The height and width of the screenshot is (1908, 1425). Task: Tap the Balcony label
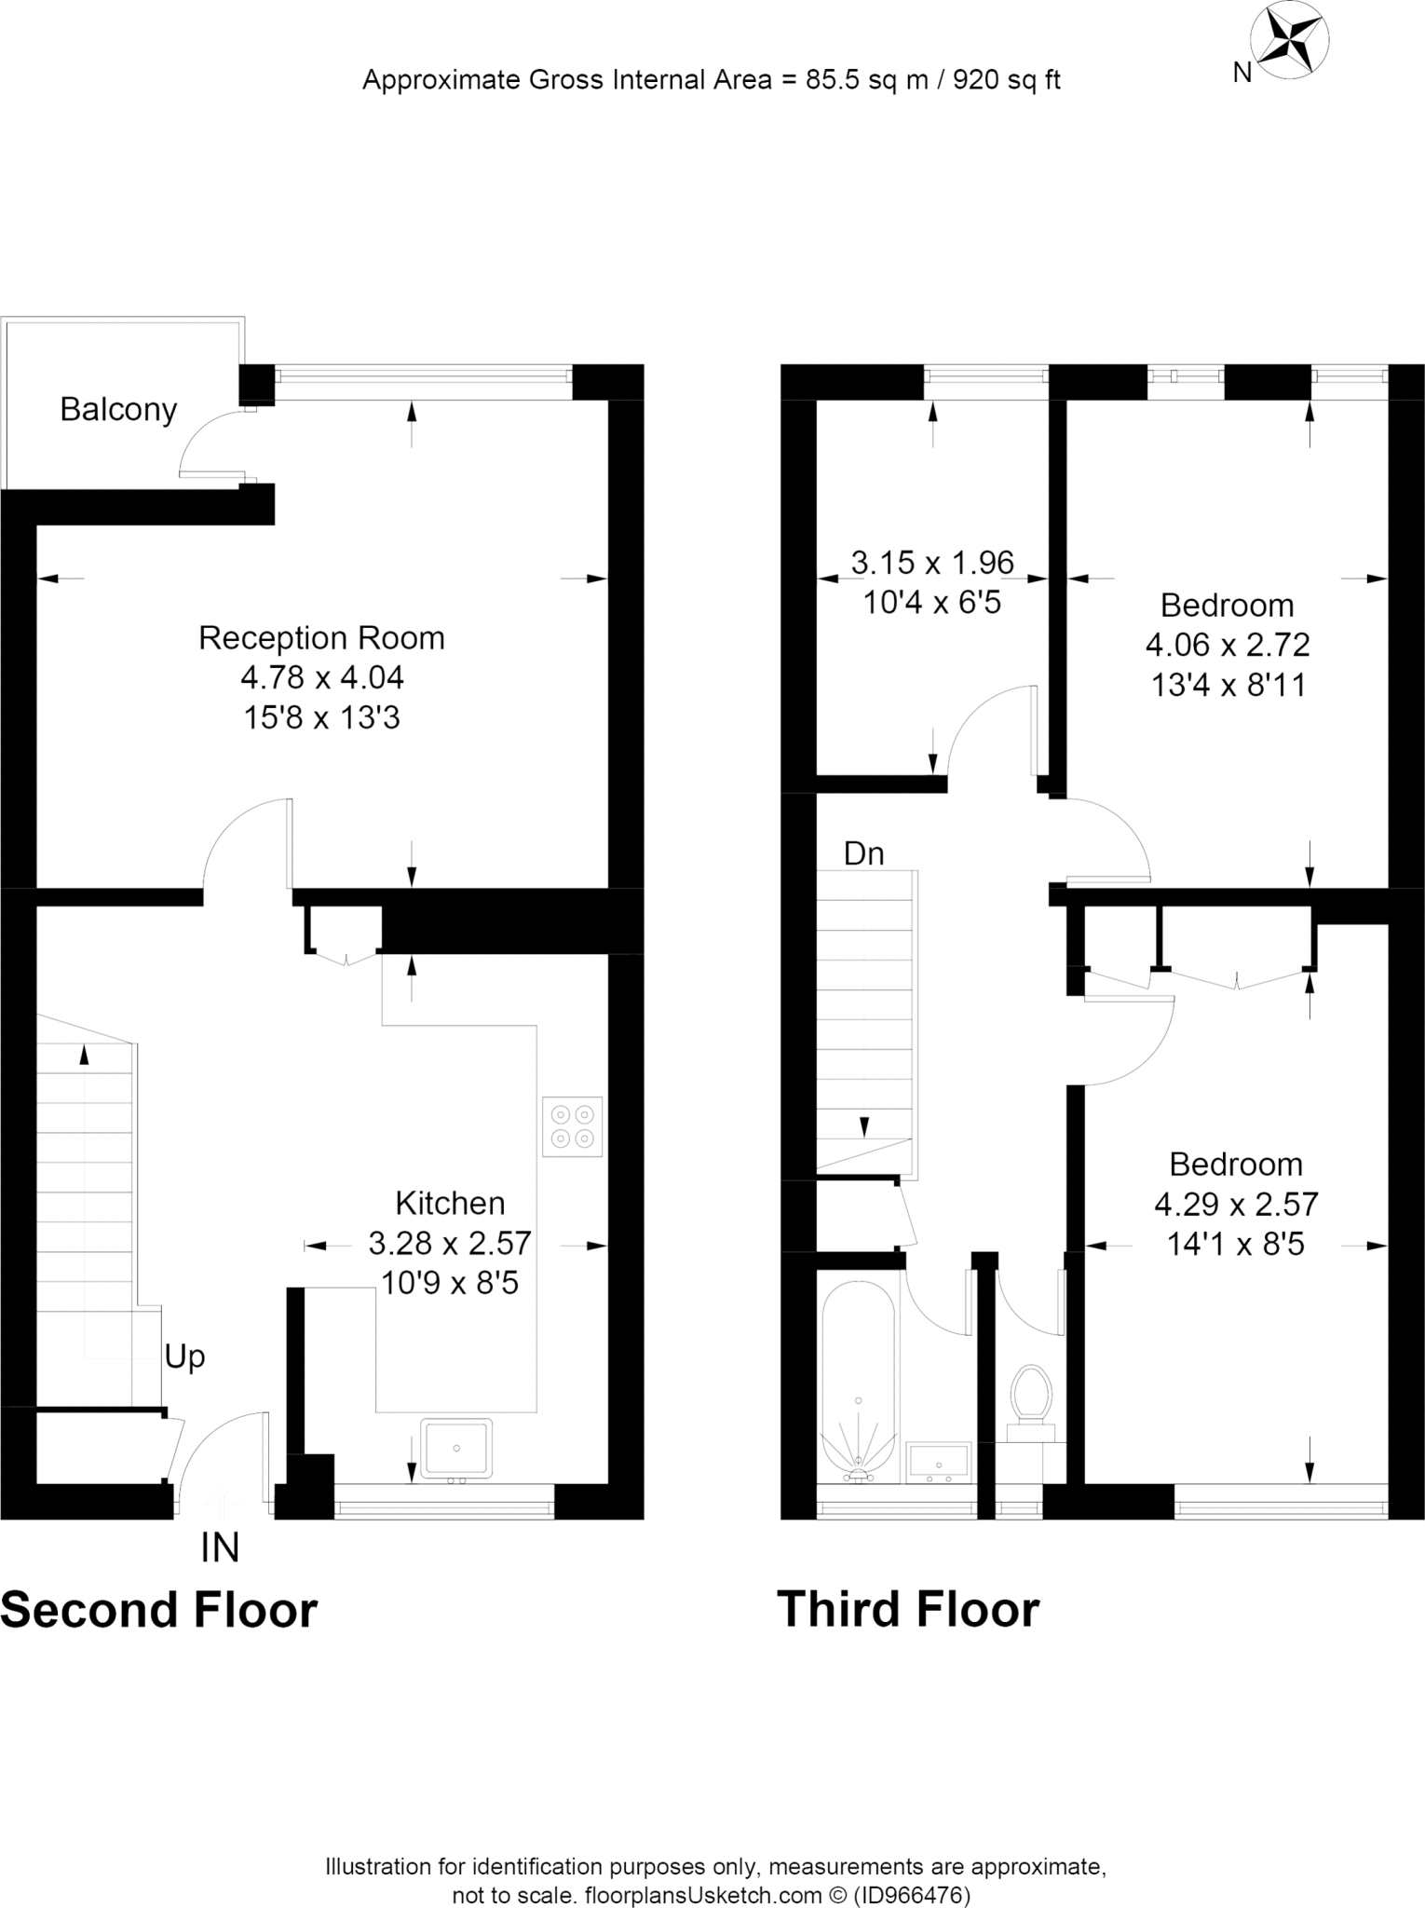(x=118, y=410)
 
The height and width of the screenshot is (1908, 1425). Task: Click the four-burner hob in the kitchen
(x=572, y=1125)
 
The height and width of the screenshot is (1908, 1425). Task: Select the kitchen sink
(x=456, y=1448)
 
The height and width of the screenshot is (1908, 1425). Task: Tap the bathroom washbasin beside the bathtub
(x=939, y=1462)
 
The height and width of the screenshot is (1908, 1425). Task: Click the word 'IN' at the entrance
(x=220, y=1547)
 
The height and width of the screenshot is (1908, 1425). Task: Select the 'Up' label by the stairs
(x=184, y=1356)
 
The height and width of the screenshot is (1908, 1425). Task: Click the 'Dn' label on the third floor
(x=863, y=853)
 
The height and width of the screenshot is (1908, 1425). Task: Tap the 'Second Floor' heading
(x=159, y=1610)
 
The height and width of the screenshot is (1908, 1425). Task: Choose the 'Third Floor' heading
(x=908, y=1610)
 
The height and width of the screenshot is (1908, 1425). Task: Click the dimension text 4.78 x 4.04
(x=322, y=677)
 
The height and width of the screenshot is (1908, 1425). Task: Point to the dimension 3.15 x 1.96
(x=932, y=563)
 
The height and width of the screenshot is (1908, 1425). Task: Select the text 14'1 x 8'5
(x=1236, y=1245)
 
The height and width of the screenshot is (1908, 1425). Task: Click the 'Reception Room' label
(x=322, y=638)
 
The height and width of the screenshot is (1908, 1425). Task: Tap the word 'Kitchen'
(x=450, y=1203)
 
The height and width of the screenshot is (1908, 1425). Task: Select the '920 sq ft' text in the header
(x=1007, y=80)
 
